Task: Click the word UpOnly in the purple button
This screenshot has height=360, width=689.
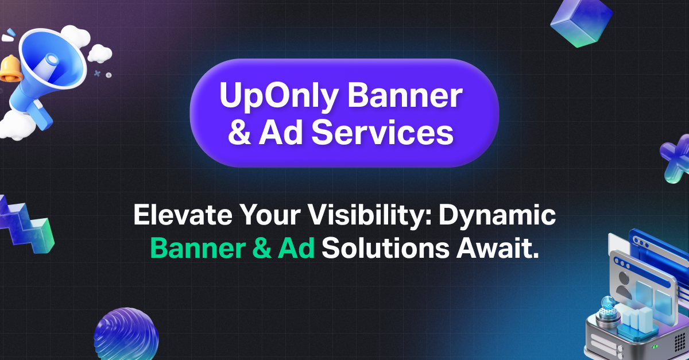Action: (x=273, y=98)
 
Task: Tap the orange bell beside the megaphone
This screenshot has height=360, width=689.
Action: (x=9, y=69)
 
